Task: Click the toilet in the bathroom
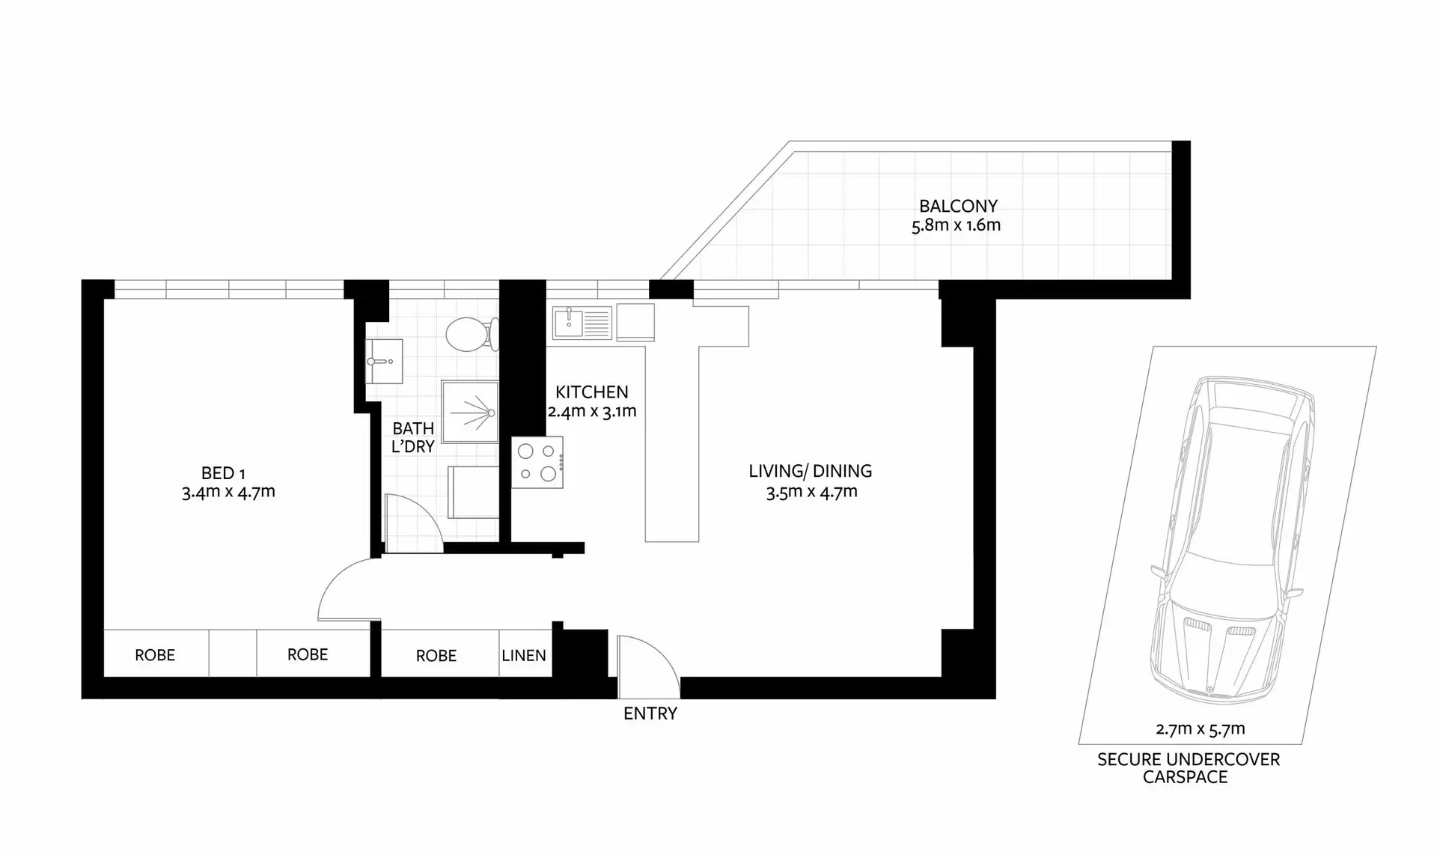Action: coord(468,334)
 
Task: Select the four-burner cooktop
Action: coord(537,463)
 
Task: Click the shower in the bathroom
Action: coord(470,412)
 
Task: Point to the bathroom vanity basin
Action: coord(384,361)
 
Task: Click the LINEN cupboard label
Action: coord(524,655)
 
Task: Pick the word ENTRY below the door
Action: coord(650,714)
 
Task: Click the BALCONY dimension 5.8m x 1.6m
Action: coord(956,225)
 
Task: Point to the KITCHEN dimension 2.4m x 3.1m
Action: coord(592,411)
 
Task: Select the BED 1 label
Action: coord(223,473)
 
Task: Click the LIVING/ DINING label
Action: coord(811,471)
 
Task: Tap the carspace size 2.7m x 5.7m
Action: coord(1200,728)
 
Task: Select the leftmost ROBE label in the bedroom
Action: coord(155,655)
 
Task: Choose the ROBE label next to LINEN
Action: coord(436,656)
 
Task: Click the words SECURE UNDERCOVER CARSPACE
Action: coord(1188,768)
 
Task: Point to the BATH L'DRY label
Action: coord(413,437)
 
